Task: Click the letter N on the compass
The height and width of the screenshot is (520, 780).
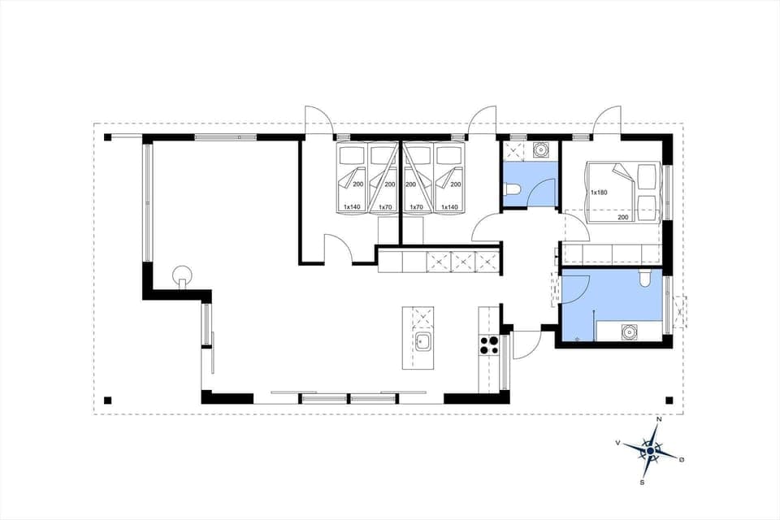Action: click(659, 419)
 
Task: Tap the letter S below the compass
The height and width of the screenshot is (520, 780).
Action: click(642, 483)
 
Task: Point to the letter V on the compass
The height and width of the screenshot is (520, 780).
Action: click(618, 443)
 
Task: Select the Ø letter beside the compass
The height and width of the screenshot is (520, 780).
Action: click(682, 460)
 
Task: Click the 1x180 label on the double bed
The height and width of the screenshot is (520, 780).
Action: click(600, 193)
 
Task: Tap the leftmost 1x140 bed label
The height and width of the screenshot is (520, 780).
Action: click(352, 207)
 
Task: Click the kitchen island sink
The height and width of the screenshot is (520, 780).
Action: click(422, 341)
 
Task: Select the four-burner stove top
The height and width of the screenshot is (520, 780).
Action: click(489, 345)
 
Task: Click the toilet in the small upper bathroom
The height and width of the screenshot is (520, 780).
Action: click(512, 190)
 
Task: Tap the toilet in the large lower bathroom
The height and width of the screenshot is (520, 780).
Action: click(644, 278)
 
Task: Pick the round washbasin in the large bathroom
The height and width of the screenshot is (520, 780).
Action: click(628, 331)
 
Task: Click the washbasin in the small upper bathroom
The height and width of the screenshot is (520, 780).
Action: click(540, 150)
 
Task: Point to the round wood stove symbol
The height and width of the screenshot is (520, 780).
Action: click(183, 274)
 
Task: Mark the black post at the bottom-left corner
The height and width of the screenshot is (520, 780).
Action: click(107, 400)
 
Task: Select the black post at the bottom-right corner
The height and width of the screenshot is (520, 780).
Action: click(669, 400)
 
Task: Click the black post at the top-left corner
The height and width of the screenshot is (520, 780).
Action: click(107, 137)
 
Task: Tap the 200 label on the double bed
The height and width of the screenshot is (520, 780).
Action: click(623, 217)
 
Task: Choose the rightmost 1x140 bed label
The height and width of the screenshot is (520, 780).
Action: click(449, 207)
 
